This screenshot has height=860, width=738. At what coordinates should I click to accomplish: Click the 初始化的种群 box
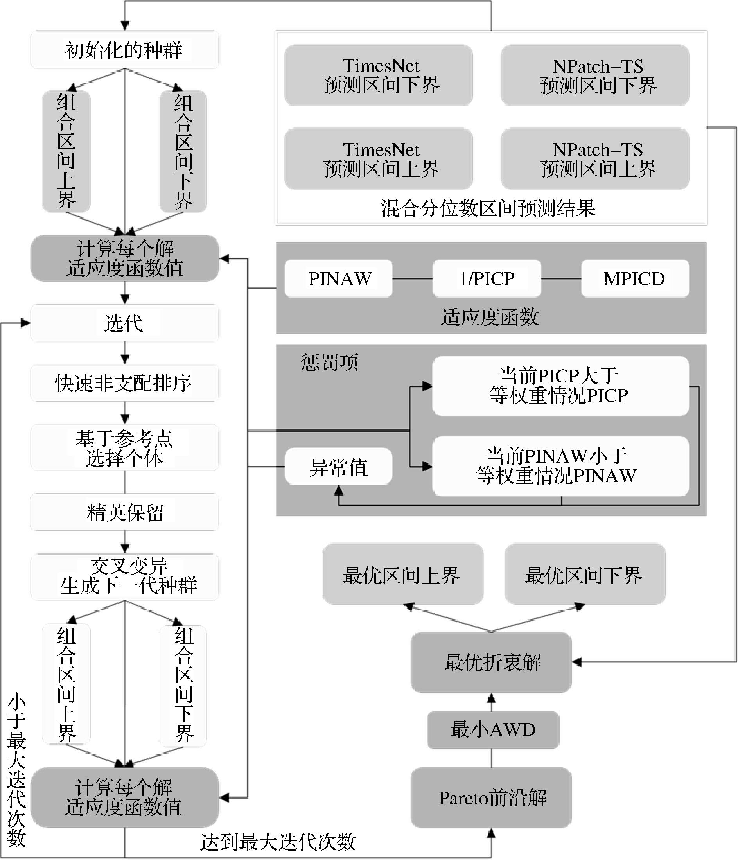pos(124,50)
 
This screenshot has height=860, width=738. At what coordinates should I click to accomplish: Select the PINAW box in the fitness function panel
pos(338,278)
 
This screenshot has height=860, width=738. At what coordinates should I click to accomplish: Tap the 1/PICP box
pos(487,278)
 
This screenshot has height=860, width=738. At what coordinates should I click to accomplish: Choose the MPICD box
pos(635,278)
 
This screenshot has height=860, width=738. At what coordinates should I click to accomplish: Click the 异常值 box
pos(338,467)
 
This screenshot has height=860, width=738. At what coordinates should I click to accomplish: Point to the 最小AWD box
pos(493,729)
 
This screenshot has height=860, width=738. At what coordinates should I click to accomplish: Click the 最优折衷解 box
pos(491,662)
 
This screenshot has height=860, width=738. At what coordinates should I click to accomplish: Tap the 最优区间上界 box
pos(402,575)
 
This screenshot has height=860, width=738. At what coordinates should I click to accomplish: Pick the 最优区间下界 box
pos(585,575)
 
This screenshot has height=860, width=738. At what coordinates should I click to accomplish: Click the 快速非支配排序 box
pos(124,383)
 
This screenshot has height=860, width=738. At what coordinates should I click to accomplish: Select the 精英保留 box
pos(124,512)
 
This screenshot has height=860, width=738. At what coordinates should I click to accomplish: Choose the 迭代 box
pos(124,323)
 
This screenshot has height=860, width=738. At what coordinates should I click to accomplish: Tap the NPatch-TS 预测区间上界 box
pos(595,159)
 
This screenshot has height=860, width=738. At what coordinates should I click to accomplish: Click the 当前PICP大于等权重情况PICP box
pos(560,386)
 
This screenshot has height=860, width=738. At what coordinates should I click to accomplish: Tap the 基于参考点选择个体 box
pos(124,448)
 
